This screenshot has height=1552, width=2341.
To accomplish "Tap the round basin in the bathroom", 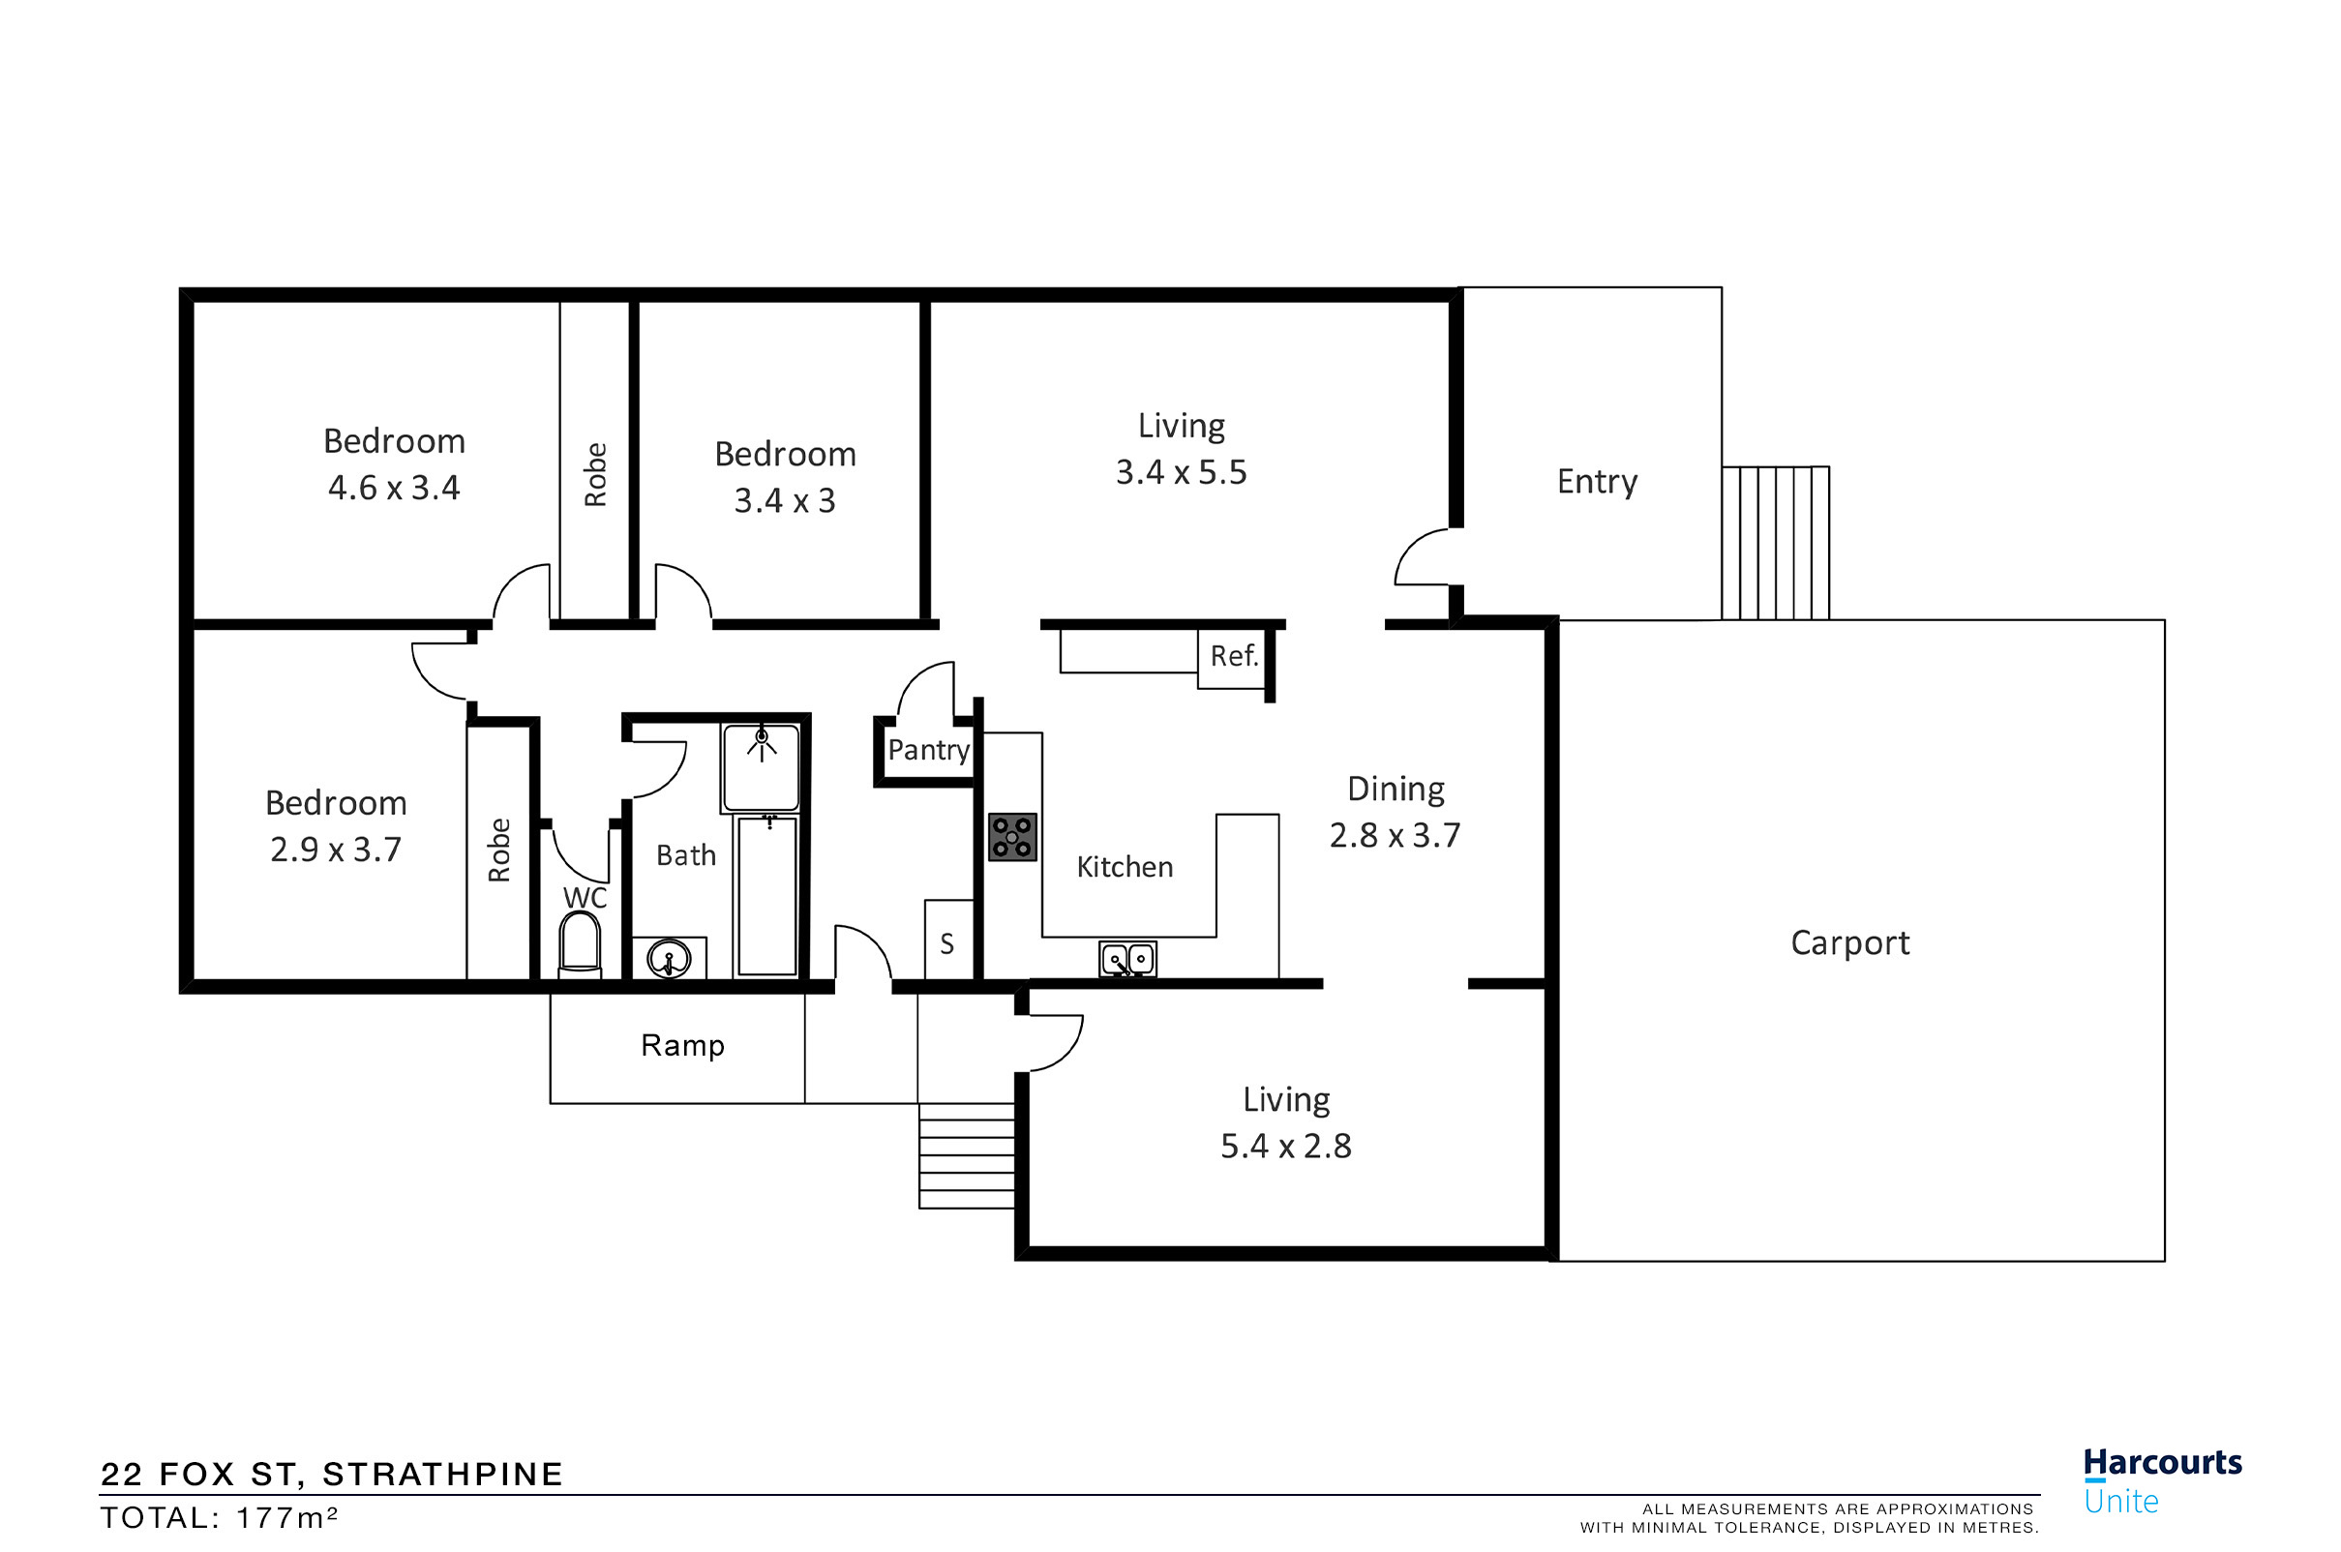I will (669, 959).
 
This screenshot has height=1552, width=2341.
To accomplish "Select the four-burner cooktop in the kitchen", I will (1011, 837).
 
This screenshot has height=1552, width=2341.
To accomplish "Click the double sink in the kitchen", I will (1127, 959).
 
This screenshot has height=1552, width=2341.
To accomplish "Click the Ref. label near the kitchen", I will (1233, 656).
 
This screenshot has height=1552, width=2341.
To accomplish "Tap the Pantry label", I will (927, 750).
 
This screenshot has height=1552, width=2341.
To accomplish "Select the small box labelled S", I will (947, 942).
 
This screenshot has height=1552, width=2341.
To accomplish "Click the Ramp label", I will (682, 1045).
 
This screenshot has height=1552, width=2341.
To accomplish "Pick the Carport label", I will (1849, 943).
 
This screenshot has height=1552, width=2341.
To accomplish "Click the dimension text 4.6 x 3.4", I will (394, 488).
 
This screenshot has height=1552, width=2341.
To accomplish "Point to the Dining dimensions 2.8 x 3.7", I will (1394, 835).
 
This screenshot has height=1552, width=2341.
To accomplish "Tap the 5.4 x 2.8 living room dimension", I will (1285, 1147).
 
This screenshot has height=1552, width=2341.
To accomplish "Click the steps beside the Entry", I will (1775, 544).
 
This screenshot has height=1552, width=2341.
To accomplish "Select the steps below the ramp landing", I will (966, 1155).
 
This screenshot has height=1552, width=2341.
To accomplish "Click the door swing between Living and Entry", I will (1424, 558).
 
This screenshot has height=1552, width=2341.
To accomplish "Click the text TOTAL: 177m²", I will (219, 1518).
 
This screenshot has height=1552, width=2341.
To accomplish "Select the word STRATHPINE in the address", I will (442, 1475).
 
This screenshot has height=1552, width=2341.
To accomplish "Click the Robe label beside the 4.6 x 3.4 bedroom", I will (595, 475).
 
